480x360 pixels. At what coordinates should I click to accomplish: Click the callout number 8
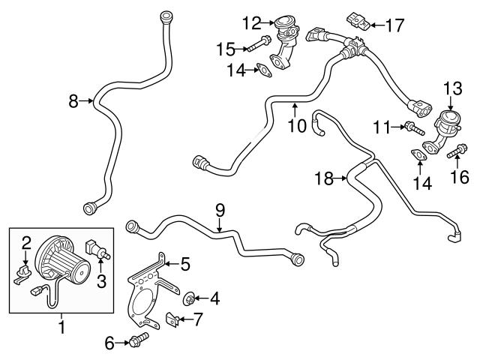coord(73,100)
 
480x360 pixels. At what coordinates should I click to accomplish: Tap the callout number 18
coord(323,178)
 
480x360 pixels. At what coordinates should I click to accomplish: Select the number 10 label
coord(297,125)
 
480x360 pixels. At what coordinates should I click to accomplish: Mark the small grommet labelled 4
coord(190,298)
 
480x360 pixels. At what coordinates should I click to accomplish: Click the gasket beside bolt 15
coord(263,71)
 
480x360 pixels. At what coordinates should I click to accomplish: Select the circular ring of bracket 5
coord(143,314)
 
